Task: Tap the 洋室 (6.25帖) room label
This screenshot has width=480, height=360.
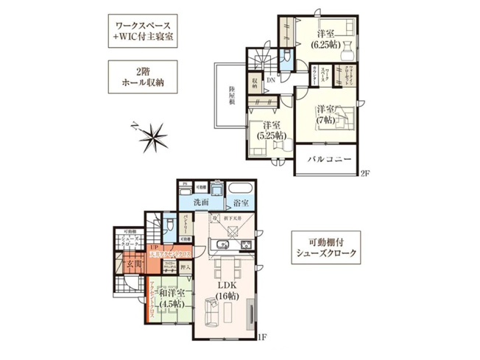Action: [326, 38]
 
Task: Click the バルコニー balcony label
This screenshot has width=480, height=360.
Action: [327, 159]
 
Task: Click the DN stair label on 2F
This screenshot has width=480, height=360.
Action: [271, 80]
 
